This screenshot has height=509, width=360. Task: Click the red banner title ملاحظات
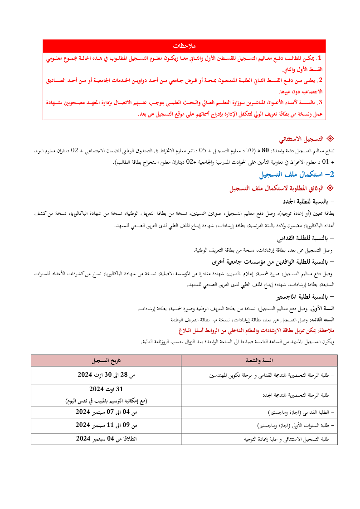[184, 46]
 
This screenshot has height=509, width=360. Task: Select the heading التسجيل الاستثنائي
[300, 139]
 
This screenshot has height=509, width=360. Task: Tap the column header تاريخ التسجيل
[106, 360]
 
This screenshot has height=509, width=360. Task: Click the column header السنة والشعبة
[259, 360]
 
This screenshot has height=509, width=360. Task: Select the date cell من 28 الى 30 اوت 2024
[106, 374]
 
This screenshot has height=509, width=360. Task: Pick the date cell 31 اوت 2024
[106, 389]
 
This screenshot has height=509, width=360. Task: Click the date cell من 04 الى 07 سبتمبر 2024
[106, 412]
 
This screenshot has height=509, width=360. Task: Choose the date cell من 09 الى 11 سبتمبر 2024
[106, 425]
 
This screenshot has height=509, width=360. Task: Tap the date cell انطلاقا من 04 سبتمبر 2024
[106, 438]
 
